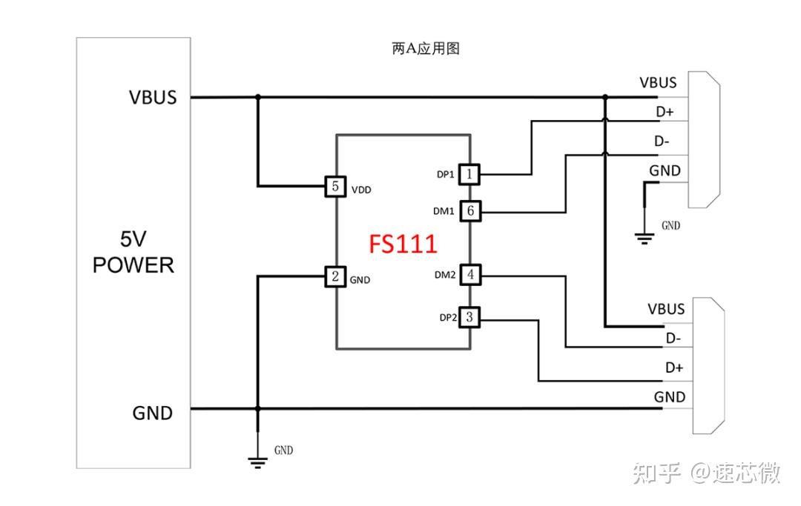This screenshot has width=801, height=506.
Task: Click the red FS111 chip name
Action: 403,244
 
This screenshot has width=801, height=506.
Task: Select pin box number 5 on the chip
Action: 336,187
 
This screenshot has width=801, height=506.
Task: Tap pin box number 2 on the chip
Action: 336,276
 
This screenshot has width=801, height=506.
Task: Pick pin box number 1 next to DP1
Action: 470,174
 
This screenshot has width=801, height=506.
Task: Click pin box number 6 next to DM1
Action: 470,210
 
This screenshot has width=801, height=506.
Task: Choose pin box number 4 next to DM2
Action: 470,275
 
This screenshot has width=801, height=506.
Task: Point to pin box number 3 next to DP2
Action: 470,318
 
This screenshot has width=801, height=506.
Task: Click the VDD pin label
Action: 361,190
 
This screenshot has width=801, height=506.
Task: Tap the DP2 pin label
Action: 447,318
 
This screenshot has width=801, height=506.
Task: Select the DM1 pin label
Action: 444,211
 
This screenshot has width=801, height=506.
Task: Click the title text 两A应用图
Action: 426,49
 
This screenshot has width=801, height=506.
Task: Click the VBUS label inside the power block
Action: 153,97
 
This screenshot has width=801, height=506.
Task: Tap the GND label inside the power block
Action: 153,413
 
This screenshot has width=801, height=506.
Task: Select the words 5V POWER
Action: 133,252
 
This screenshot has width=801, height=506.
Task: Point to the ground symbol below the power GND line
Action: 257,462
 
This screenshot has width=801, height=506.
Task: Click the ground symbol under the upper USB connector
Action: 645,237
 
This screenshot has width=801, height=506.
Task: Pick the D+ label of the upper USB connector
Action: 664,112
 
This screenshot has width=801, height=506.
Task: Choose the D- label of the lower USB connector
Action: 673,339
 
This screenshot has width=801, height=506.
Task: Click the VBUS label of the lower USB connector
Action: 666,308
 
